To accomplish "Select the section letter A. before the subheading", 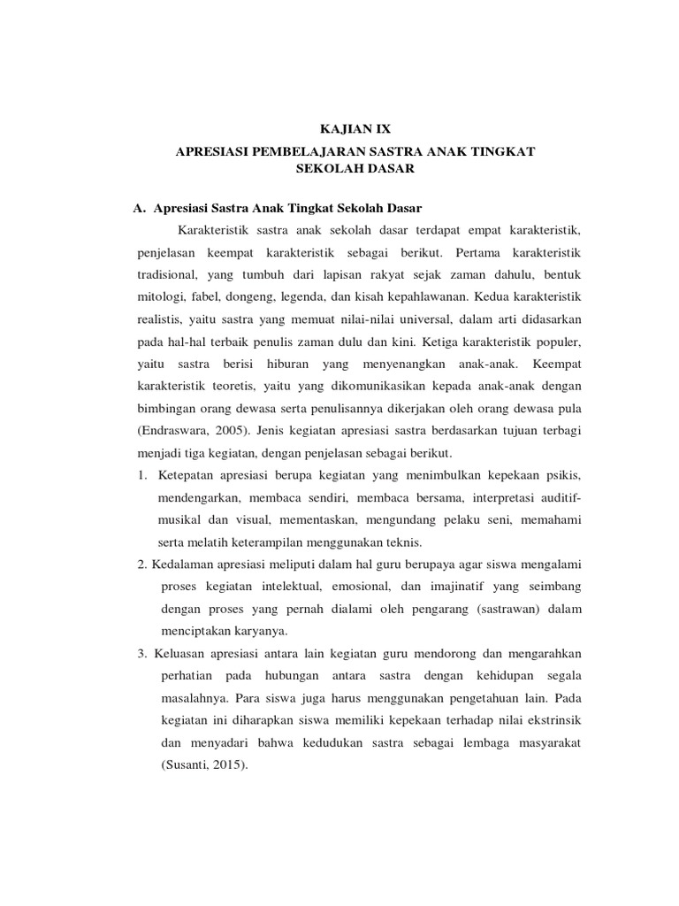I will pyautogui.click(x=139, y=208).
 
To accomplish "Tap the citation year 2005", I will pyautogui.click(x=235, y=431).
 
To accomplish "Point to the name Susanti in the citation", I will pyautogui.click(x=187, y=767).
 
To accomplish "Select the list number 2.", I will pyautogui.click(x=141, y=564).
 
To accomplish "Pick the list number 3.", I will pyautogui.click(x=141, y=653).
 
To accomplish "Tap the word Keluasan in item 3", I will pyautogui.click(x=182, y=653).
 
